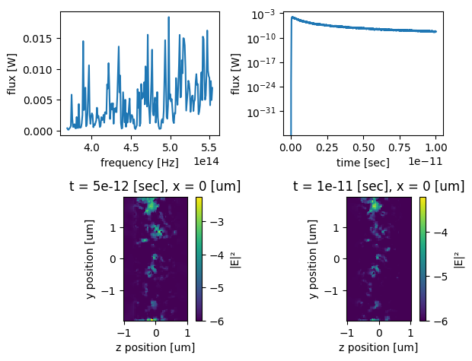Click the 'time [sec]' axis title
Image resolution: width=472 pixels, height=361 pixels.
(363, 163)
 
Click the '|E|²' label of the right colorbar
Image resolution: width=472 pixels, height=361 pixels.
(458, 259)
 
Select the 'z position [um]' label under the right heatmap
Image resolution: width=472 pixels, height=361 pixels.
(379, 347)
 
